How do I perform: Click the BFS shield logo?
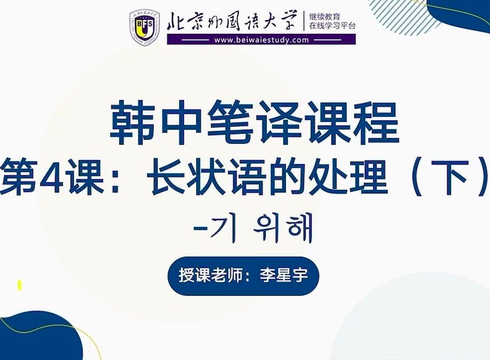144,28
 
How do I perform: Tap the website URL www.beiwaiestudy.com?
261,40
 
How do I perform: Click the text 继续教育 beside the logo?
324,16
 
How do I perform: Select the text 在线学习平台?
333,26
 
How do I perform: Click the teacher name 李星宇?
283,275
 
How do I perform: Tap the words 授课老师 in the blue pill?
210,275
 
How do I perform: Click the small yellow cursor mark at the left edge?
19,285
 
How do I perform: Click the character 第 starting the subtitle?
19,177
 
